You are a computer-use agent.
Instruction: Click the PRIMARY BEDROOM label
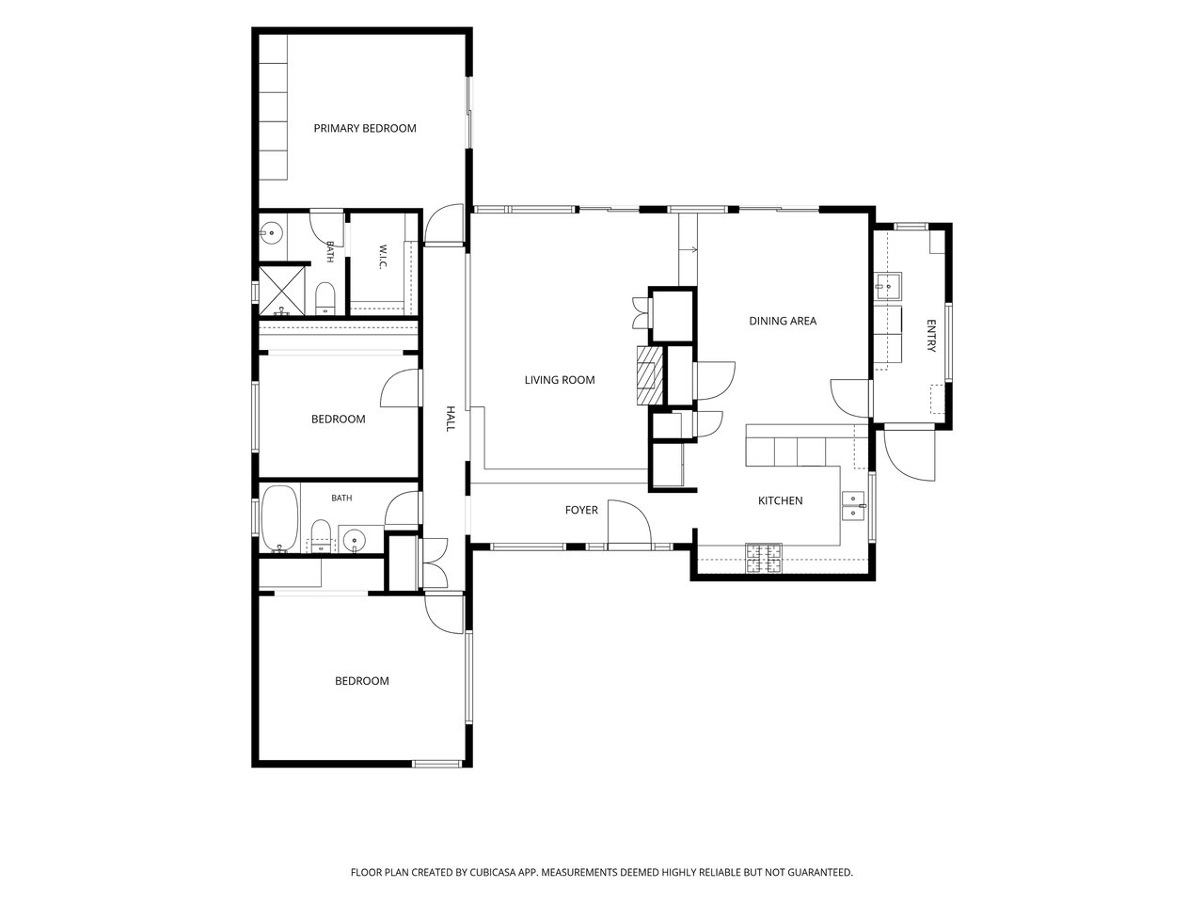[x=365, y=128]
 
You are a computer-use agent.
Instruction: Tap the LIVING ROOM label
[x=560, y=380]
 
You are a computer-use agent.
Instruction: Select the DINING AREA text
[x=783, y=322]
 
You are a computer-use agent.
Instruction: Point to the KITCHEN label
[x=780, y=500]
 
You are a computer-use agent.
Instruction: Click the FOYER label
[x=581, y=511]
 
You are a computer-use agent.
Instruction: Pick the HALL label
[x=451, y=419]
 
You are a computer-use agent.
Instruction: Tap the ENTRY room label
[x=931, y=336]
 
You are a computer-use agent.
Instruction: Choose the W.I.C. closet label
[x=382, y=257]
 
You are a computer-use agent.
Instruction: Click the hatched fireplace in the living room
[x=650, y=375]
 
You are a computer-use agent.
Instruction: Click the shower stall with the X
[x=281, y=291]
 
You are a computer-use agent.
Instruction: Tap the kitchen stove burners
[x=764, y=558]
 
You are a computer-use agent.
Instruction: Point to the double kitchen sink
[x=853, y=506]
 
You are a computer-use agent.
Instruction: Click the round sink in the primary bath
[x=270, y=233]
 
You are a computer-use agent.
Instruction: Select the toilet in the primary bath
[x=325, y=299]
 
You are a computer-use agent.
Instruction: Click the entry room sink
[x=888, y=286]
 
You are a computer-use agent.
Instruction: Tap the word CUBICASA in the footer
[x=493, y=872]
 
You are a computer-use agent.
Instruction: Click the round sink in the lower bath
[x=355, y=541]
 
